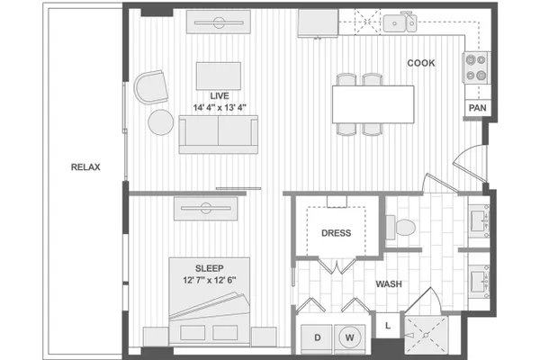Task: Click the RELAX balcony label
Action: pos(85,167)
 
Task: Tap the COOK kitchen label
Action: pos(421,63)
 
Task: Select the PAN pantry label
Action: pos(477,108)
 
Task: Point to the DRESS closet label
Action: pos(336,233)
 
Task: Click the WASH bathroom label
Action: pos(389,284)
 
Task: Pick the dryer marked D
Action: pos(317,338)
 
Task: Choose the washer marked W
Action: pos(349,338)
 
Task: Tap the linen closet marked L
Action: pos(388,325)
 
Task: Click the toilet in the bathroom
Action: pos(400,228)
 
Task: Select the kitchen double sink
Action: pos(400,22)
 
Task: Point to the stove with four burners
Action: pos(476,67)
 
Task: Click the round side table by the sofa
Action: pos(161,122)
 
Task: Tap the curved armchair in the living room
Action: pos(151,87)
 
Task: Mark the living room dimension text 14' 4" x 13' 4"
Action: pos(220,107)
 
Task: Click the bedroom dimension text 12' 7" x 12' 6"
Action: pos(210,280)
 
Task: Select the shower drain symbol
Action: pos(426,335)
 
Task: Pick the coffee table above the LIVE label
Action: pos(219,76)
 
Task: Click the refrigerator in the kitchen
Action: pos(318,22)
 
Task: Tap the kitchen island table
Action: pos(373,104)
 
